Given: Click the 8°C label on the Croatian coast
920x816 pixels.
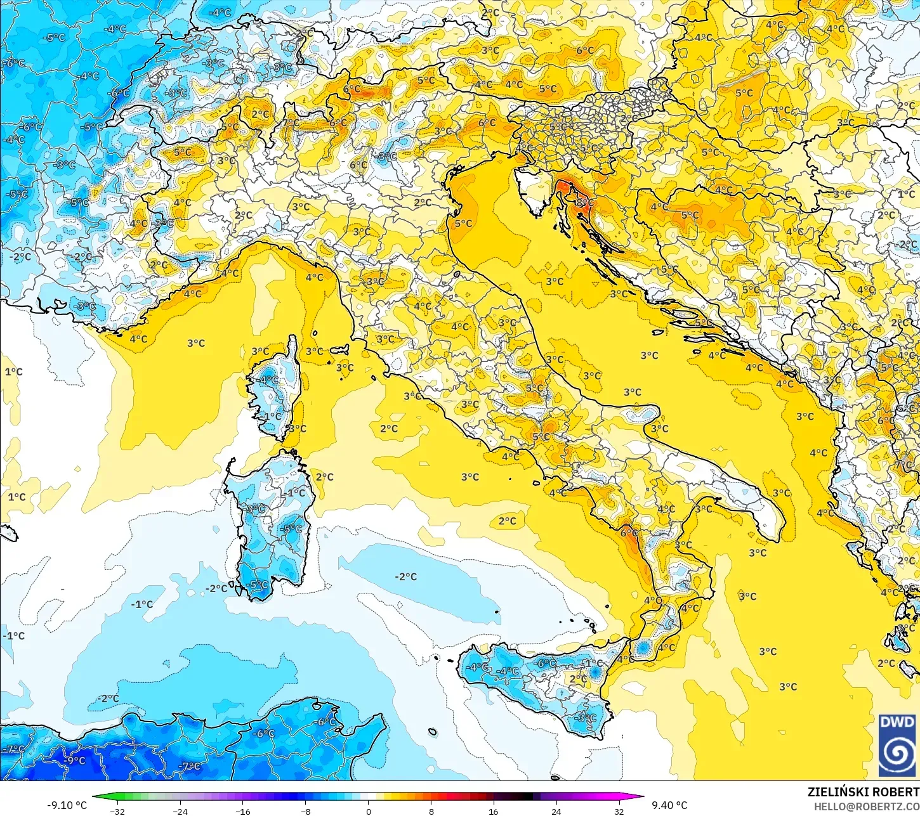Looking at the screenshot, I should (585, 203).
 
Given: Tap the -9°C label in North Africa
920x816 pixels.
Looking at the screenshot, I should (75, 760).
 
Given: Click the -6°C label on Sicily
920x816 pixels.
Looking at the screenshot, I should (545, 663).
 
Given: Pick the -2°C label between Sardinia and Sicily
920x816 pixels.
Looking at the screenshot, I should (405, 576).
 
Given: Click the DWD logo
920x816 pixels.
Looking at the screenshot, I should (897, 746).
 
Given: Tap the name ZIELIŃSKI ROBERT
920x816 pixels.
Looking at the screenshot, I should (863, 792).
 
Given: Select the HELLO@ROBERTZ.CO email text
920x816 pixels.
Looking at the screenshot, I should (867, 806).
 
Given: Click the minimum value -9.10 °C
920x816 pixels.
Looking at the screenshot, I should (67, 805).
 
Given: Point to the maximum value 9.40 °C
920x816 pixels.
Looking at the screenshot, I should (669, 805).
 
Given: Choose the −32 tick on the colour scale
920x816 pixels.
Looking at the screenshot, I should (117, 811).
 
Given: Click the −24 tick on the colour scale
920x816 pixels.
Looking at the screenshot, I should (180, 811).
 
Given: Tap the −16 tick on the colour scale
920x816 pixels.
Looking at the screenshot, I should (243, 811).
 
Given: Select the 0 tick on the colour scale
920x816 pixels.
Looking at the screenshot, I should (368, 811).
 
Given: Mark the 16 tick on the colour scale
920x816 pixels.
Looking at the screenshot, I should (493, 811).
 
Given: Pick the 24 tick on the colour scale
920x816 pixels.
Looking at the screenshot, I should (556, 811).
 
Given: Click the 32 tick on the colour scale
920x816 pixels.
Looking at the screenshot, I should (619, 811).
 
